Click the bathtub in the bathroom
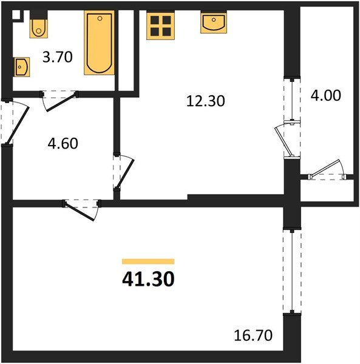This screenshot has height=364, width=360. tap(100, 43)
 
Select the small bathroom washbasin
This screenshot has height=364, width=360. tap(22, 65)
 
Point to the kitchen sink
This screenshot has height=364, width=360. tap(213, 23)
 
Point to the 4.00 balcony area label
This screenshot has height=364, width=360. tap(326, 95)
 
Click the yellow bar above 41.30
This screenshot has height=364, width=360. tap(148, 261)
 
